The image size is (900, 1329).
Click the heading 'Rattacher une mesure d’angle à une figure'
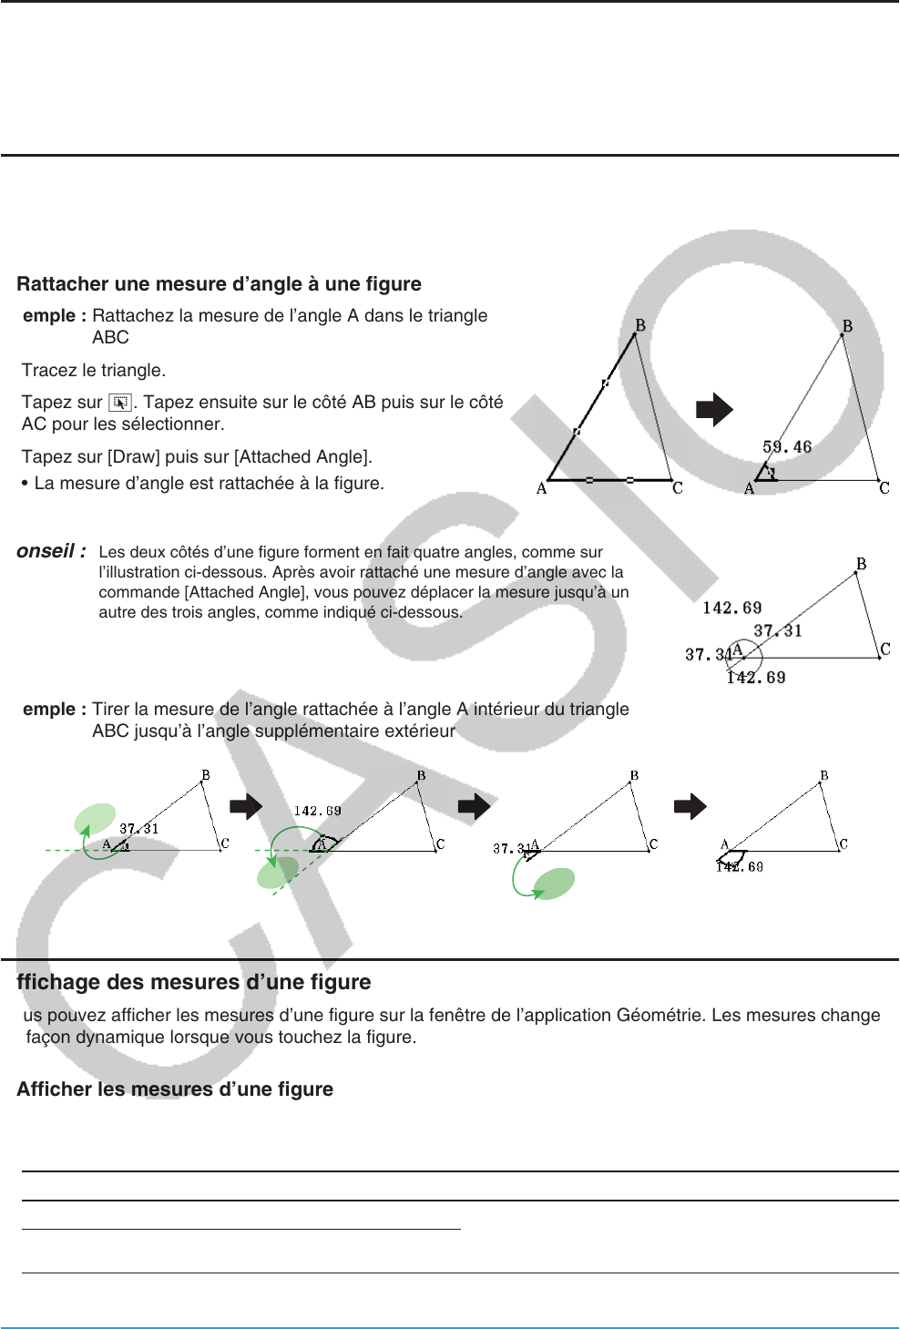219,284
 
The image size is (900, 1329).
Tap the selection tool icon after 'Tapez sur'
120,403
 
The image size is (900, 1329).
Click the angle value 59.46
787,447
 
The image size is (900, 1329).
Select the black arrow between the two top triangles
714,409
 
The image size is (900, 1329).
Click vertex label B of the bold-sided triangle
640,325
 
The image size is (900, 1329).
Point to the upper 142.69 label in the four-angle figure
731,608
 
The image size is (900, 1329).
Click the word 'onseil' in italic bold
46,551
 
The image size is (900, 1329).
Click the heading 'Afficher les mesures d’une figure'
175,1089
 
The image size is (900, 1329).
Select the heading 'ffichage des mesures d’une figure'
194,982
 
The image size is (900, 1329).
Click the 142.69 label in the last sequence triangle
740,866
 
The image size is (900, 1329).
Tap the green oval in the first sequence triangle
95,819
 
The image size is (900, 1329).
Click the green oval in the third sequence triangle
553,883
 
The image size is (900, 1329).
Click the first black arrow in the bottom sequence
246,806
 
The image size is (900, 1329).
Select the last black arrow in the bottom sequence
690,806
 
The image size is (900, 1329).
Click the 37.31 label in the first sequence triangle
138,829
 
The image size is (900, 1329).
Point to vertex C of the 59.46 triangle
884,487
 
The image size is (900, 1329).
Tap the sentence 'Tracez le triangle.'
94,370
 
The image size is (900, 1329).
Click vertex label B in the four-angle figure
861,564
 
